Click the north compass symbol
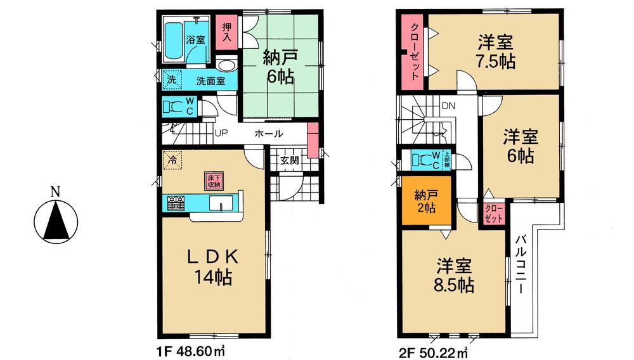[56, 218]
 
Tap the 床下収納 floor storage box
[212, 181]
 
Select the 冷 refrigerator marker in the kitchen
[172, 161]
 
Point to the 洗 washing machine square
[171, 80]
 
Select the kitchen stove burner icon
[176, 203]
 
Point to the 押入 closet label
[227, 32]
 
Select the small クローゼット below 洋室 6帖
[494, 213]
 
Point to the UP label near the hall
[221, 134]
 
